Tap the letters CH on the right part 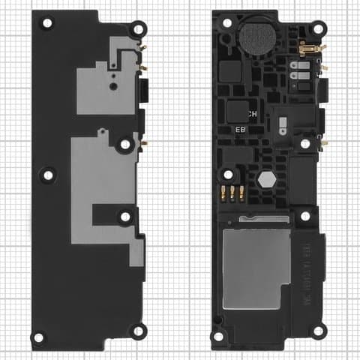click(x=253, y=114)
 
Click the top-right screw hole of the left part click(x=137, y=28)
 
